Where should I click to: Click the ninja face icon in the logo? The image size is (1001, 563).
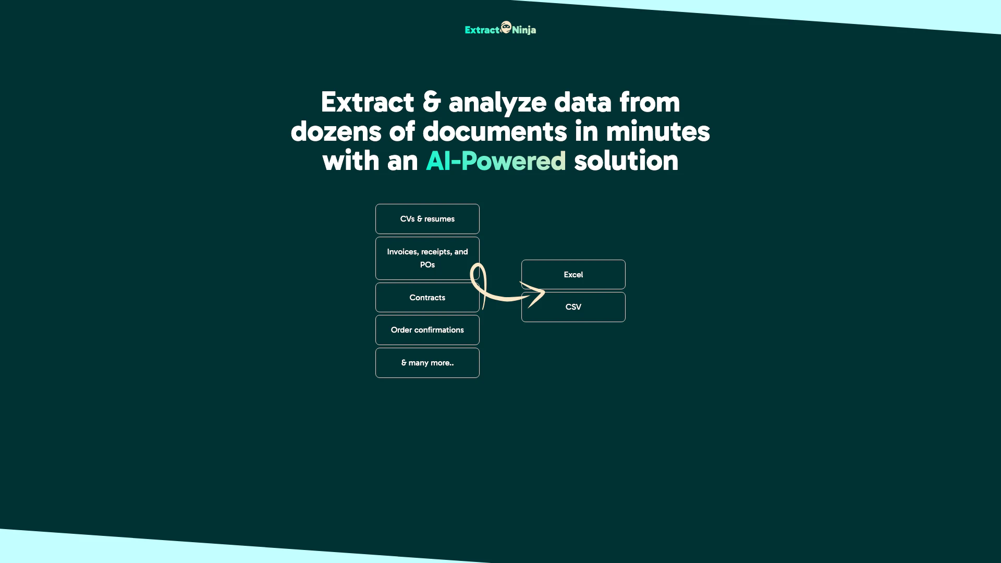click(x=506, y=27)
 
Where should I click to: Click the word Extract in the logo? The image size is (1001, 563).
click(x=482, y=30)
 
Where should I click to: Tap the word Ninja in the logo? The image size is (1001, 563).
click(x=524, y=30)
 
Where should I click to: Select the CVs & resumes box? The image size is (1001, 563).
click(x=428, y=219)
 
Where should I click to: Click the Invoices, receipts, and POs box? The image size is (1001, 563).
click(x=428, y=259)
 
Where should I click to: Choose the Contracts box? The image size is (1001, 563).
click(x=428, y=298)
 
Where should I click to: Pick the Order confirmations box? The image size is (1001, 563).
click(x=428, y=330)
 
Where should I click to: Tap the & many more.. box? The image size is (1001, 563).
click(x=428, y=363)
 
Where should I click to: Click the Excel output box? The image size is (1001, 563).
click(x=573, y=275)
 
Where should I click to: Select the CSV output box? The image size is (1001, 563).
click(x=573, y=307)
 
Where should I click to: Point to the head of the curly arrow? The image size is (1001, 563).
click(x=544, y=292)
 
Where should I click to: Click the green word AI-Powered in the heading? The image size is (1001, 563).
click(x=496, y=161)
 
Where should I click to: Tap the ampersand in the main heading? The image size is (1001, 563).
click(x=432, y=102)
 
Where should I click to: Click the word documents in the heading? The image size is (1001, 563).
click(x=495, y=131)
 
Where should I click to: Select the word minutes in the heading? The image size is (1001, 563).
click(x=658, y=131)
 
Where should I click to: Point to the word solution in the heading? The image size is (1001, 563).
click(x=626, y=161)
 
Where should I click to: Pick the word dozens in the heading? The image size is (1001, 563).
click(x=336, y=131)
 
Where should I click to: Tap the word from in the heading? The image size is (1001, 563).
click(x=650, y=102)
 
